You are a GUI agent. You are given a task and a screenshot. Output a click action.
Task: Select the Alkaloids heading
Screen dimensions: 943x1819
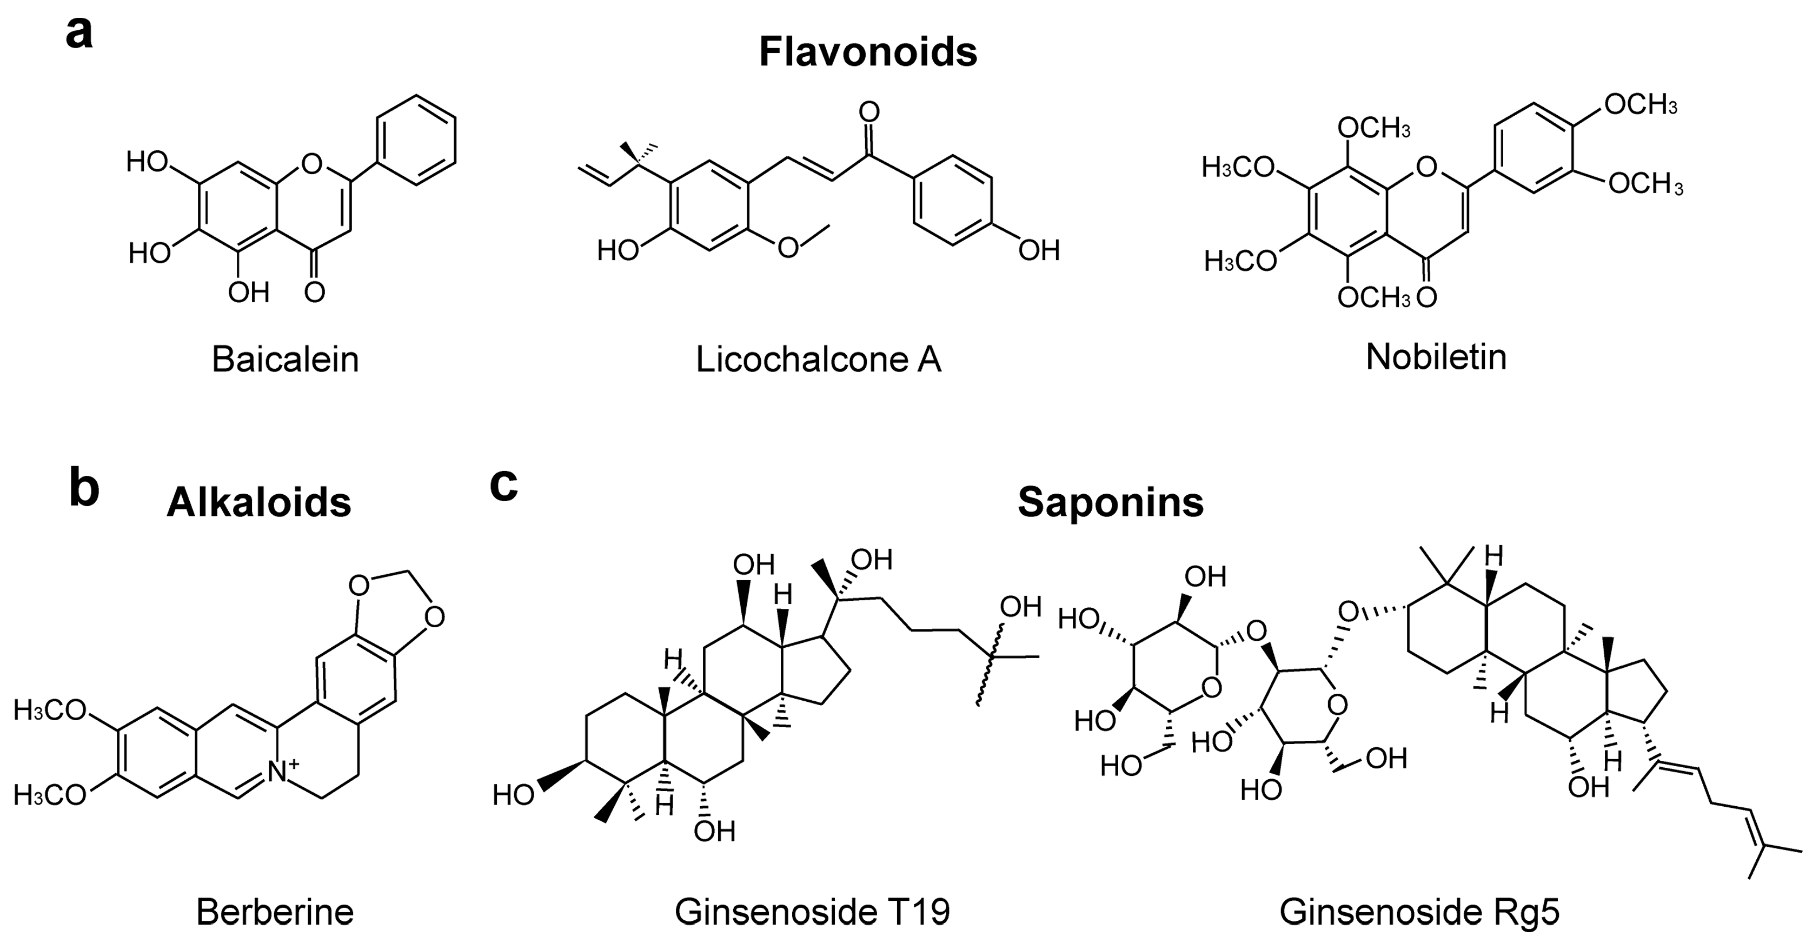[258, 503]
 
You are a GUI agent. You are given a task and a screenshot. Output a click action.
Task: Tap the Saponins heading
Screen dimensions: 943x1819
[1110, 503]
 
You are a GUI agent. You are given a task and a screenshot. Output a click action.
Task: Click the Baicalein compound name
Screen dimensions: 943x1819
[286, 360]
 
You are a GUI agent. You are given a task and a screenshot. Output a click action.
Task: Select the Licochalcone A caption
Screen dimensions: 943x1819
[819, 360]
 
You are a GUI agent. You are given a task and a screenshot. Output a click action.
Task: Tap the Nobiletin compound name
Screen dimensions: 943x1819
[1436, 357]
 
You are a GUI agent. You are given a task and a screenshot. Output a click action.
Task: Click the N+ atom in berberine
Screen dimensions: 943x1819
[280, 772]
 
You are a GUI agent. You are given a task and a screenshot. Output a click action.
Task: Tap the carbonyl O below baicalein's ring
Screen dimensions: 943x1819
[314, 291]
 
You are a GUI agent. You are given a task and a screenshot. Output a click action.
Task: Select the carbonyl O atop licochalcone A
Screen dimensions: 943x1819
[869, 111]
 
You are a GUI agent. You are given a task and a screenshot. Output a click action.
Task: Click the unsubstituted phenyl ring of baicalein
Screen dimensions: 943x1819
[416, 141]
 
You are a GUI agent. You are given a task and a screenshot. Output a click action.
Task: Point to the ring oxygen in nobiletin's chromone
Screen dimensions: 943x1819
[1426, 168]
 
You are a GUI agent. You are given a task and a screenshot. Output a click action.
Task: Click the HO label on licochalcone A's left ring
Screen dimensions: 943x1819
[618, 250]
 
